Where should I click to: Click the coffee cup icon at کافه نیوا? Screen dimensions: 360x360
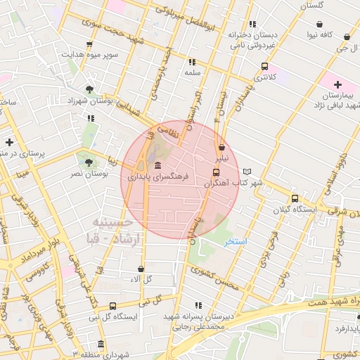(x=347, y=37)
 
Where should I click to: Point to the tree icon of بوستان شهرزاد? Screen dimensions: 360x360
(x=89, y=89)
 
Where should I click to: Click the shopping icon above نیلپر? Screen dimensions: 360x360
(x=222, y=148)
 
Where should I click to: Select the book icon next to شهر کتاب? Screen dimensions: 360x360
(x=246, y=172)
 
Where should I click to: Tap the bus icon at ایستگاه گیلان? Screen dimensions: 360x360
(x=294, y=198)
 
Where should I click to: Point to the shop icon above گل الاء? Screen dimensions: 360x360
(x=141, y=269)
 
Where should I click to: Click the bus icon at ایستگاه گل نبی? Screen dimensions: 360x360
(x=112, y=306)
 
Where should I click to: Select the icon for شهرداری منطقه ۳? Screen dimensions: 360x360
(x=101, y=345)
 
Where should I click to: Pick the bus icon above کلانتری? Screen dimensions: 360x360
(x=264, y=67)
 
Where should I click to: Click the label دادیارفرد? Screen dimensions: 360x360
(x=339, y=328)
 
